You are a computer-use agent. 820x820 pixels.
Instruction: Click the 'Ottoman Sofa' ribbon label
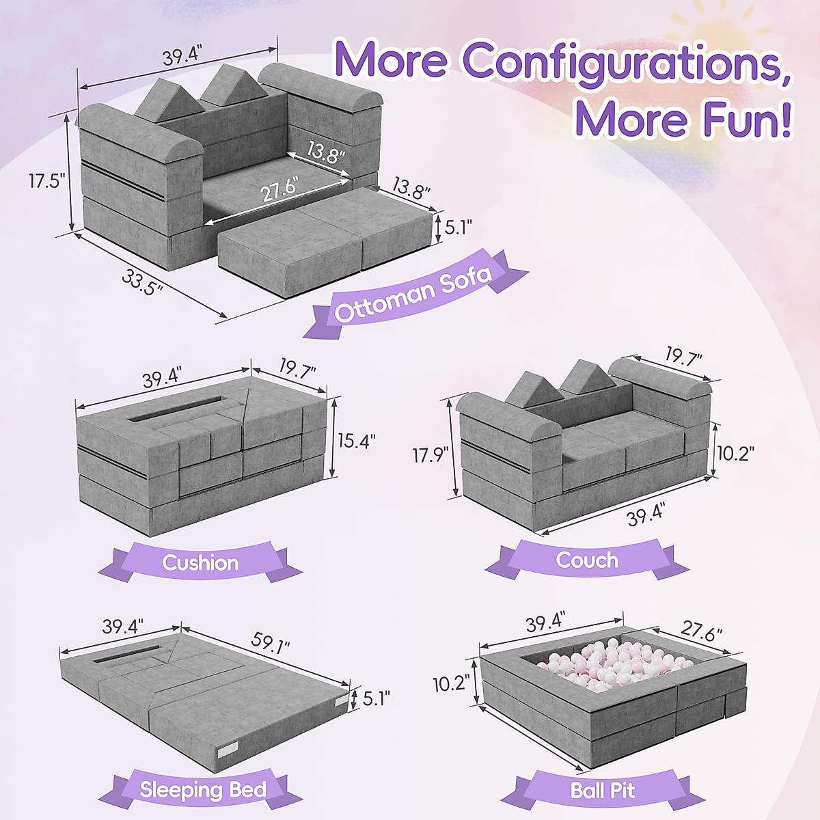coord(413,295)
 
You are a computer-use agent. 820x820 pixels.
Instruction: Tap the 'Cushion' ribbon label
coord(200,562)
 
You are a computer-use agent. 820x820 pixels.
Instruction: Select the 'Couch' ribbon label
coord(586,560)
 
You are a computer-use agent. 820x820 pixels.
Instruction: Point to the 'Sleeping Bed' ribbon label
coord(203,790)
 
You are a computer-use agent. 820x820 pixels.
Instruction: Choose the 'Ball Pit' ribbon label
coord(602,791)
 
